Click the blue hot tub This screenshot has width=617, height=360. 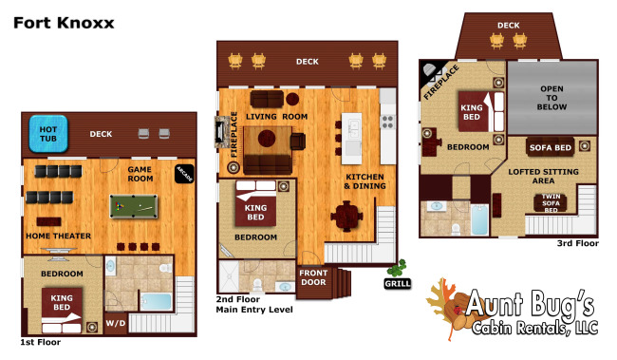click(48, 134)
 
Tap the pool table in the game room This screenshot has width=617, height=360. click(134, 206)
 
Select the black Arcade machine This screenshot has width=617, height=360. click(184, 174)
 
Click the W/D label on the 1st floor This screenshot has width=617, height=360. click(115, 323)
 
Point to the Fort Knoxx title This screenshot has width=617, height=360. click(64, 23)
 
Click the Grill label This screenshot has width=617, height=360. click(398, 284)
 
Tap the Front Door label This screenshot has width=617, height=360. click(313, 277)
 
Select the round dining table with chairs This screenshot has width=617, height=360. click(346, 217)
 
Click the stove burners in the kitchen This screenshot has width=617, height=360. click(387, 123)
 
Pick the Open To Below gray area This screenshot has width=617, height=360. click(552, 98)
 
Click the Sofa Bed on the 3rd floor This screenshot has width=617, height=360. click(551, 147)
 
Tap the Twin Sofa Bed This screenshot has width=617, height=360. click(551, 203)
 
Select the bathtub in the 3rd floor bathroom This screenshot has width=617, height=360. click(478, 219)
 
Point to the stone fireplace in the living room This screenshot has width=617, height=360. click(221, 132)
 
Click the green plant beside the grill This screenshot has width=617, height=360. click(397, 268)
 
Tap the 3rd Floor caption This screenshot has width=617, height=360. click(578, 243)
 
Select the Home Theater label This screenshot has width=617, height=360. click(58, 236)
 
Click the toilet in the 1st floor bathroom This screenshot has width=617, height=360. click(166, 268)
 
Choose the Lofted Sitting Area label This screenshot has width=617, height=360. click(543, 176)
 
